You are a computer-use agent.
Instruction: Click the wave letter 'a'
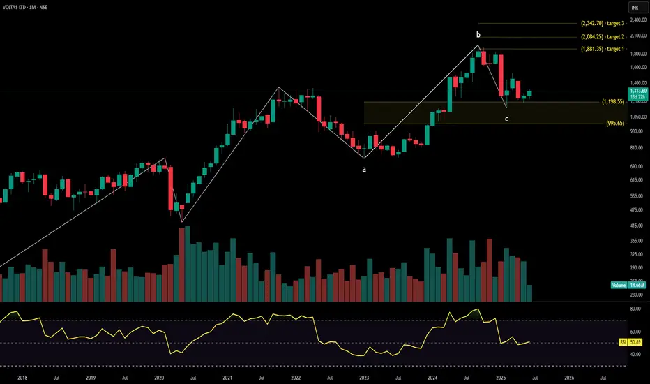[363, 169]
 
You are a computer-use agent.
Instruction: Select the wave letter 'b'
[478, 34]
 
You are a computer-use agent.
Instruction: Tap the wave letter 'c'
[506, 119]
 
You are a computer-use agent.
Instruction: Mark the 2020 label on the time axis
[159, 376]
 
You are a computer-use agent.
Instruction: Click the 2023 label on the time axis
[364, 376]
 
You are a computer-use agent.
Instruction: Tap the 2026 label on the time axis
[569, 376]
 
